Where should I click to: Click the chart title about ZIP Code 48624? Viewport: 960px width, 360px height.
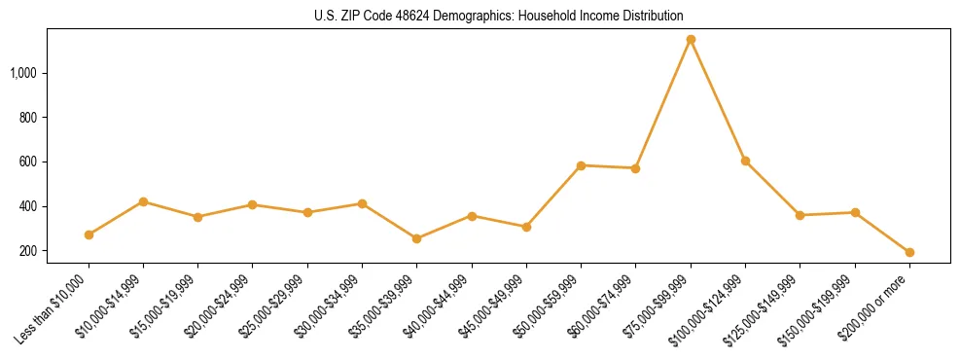click(x=499, y=16)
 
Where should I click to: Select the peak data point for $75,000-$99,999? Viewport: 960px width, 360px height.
click(x=691, y=40)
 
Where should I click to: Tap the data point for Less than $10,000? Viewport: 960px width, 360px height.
click(x=89, y=234)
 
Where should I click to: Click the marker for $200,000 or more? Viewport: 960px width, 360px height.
click(x=909, y=252)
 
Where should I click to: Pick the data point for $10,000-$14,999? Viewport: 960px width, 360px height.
click(x=143, y=201)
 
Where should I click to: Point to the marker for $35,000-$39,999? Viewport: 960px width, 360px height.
click(x=416, y=238)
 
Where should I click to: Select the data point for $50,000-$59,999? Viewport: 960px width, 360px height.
click(x=581, y=165)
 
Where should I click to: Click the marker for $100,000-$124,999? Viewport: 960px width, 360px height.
click(x=745, y=161)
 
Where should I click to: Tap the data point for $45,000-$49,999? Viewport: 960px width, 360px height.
click(x=526, y=227)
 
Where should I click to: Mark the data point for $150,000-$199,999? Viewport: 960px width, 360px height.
click(x=855, y=212)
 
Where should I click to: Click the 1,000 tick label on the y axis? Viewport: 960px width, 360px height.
click(x=24, y=73)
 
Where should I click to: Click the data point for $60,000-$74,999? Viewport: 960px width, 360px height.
click(x=635, y=168)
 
